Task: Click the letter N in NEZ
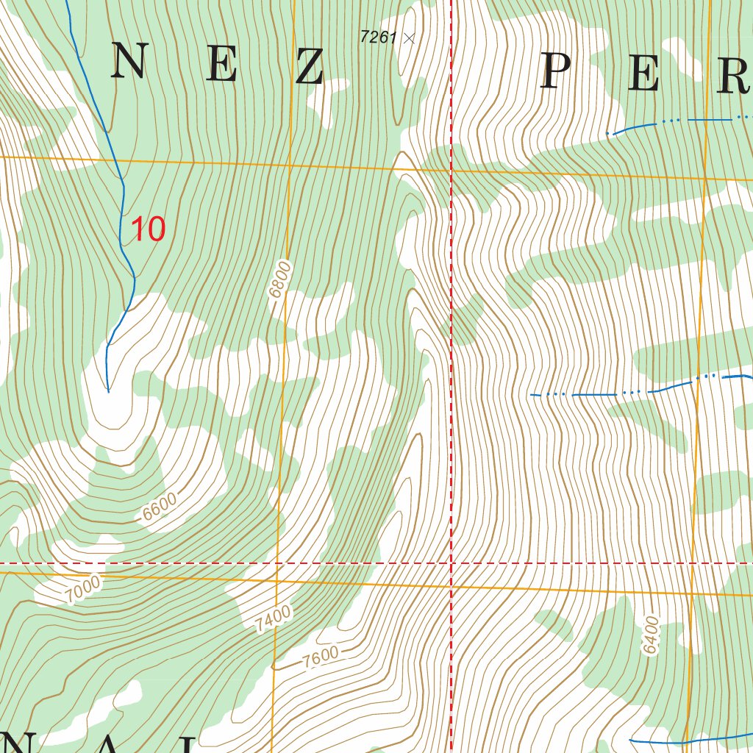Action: click(x=128, y=62)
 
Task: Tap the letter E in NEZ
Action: click(x=221, y=64)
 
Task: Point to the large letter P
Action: click(x=557, y=73)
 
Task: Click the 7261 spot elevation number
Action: click(x=378, y=37)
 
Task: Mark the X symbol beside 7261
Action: click(x=410, y=38)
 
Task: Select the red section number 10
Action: click(x=148, y=229)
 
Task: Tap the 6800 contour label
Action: click(x=279, y=279)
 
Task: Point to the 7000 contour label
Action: click(x=82, y=590)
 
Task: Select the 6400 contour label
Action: click(x=651, y=635)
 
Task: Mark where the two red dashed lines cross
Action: click(x=451, y=563)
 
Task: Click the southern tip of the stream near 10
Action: click(x=108, y=391)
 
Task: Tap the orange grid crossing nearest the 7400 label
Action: click(x=277, y=580)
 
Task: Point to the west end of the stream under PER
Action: click(x=607, y=133)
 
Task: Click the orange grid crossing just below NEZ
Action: click(x=289, y=165)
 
